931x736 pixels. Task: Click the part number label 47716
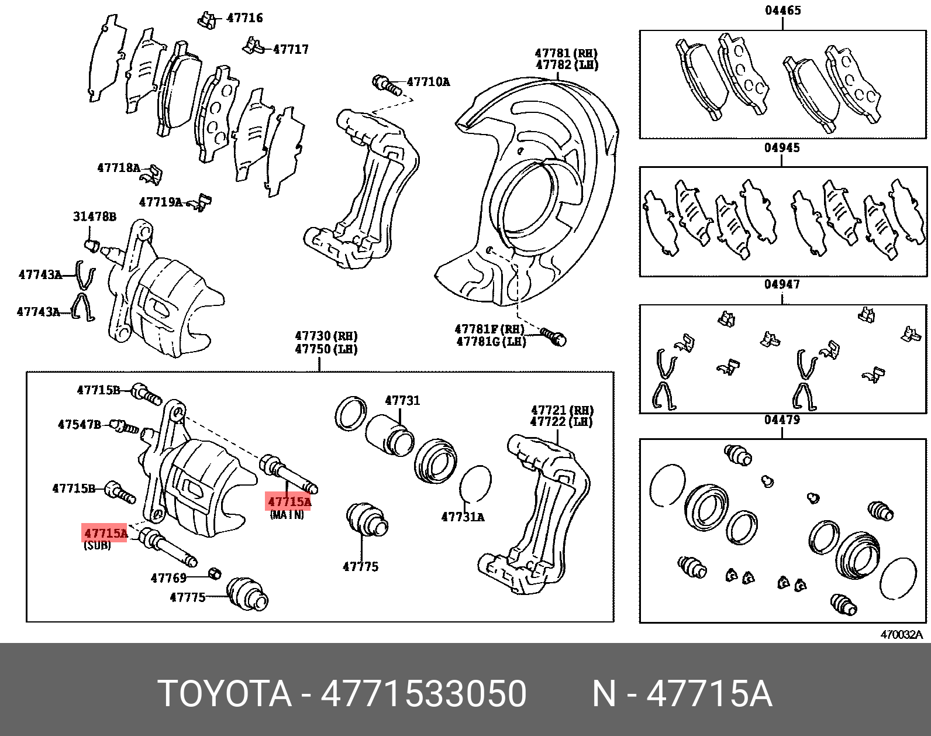pos(244,18)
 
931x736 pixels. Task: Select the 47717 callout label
pos(291,50)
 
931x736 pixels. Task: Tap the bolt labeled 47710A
pos(387,85)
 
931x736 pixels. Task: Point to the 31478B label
pos(95,217)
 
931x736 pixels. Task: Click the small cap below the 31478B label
pos(91,244)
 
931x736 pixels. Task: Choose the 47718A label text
pos(119,168)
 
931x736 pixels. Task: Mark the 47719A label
pos(161,202)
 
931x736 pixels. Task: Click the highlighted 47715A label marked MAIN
pos(289,502)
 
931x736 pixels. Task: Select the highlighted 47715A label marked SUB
pos(105,533)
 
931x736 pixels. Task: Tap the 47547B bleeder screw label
pos(79,425)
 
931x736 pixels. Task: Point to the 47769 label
pos(168,579)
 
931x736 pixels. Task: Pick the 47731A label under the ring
pos(463,517)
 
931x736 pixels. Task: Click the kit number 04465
pos(782,11)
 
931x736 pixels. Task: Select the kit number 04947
pos(782,285)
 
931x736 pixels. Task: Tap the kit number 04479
pos(782,420)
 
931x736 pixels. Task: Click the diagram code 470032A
pos(901,635)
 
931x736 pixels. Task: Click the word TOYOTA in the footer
pos(225,694)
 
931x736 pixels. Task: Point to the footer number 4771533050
pos(424,694)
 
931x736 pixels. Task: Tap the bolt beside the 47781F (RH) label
pos(554,336)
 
